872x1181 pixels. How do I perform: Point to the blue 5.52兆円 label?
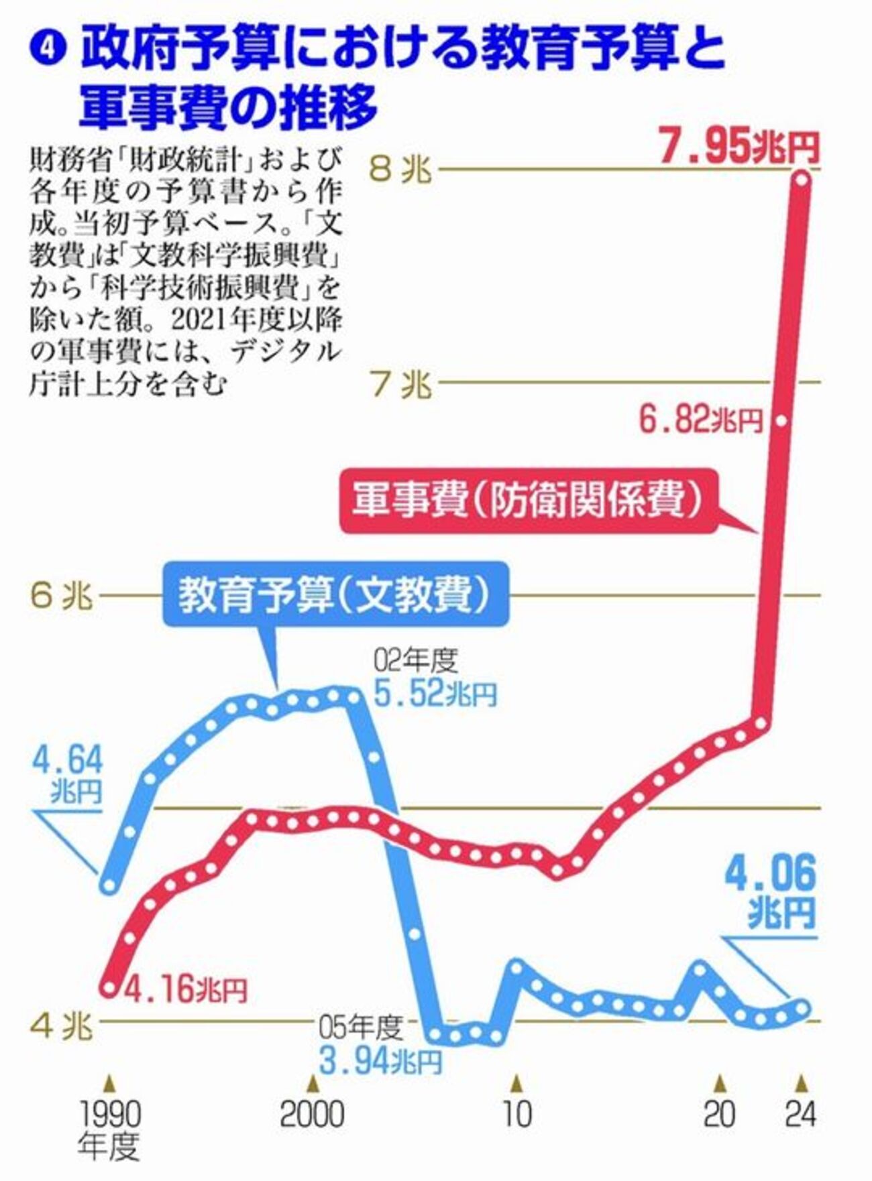435,694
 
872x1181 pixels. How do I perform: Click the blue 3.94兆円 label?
380,1060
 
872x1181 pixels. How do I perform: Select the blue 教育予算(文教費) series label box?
336,594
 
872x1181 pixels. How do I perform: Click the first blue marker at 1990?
109,885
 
